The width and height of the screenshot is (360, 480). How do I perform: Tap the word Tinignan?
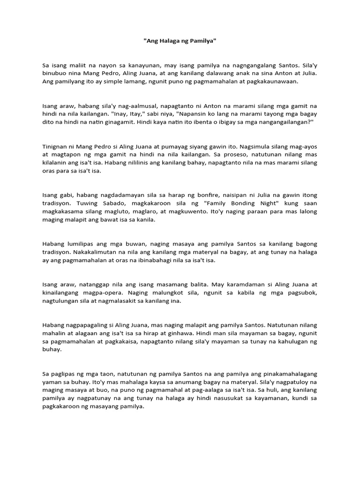pyautogui.click(x=55, y=146)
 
